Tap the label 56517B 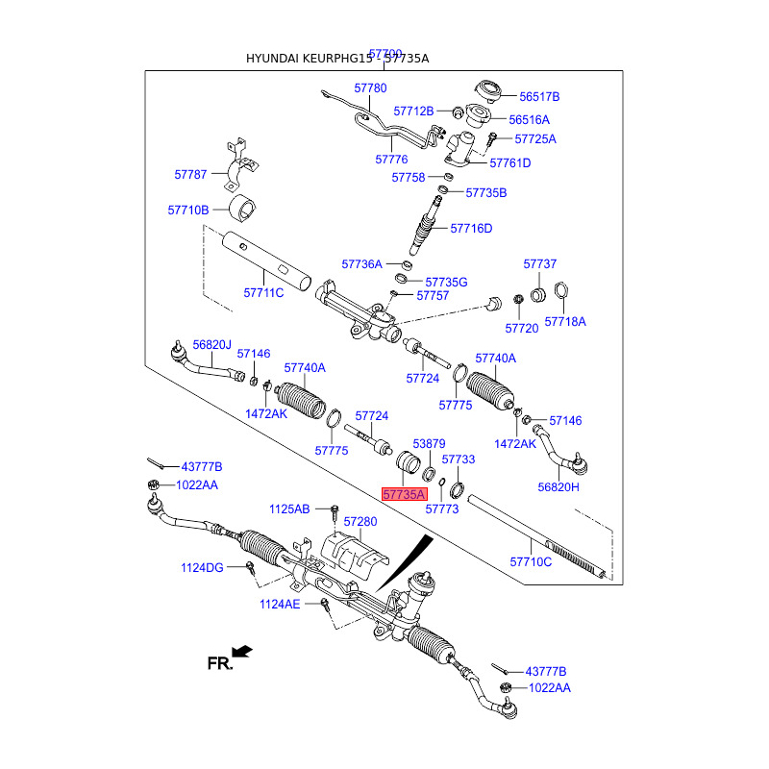[x=539, y=97]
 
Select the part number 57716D [x=472, y=229]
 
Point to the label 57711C [x=263, y=292]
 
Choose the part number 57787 [x=190, y=175]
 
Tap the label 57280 [x=360, y=521]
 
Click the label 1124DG [x=202, y=568]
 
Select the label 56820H [x=559, y=487]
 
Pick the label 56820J [x=212, y=344]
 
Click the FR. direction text [x=220, y=662]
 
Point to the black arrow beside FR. [x=243, y=652]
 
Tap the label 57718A [x=565, y=322]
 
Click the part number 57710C [x=531, y=561]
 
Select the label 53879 [x=430, y=443]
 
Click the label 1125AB [x=289, y=509]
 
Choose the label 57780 [x=370, y=87]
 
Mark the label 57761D [x=510, y=163]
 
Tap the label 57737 [x=540, y=263]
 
